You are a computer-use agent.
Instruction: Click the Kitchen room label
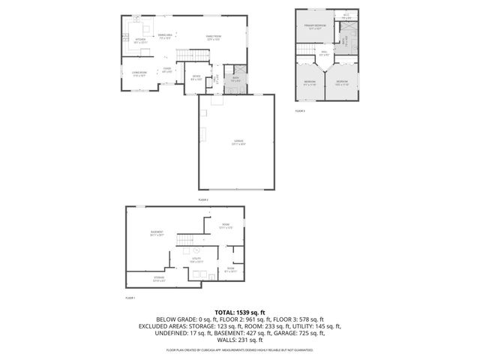click(x=140, y=40)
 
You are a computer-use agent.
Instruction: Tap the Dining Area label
click(x=166, y=36)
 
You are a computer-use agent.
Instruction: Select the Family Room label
click(x=214, y=37)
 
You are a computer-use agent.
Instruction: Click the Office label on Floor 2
click(x=196, y=77)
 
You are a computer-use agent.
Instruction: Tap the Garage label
click(x=238, y=142)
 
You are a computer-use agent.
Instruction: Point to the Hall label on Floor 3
click(x=324, y=53)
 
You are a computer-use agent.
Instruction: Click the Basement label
click(x=157, y=234)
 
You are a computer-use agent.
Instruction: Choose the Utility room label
click(x=197, y=261)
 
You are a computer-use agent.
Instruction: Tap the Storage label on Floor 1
click(x=159, y=280)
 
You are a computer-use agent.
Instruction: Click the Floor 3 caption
click(x=300, y=111)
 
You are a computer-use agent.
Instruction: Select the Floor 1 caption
click(x=130, y=298)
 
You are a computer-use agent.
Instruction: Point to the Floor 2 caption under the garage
click(x=203, y=200)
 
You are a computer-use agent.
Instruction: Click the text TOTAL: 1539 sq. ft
click(x=239, y=312)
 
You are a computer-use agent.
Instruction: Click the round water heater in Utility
click(x=196, y=250)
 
